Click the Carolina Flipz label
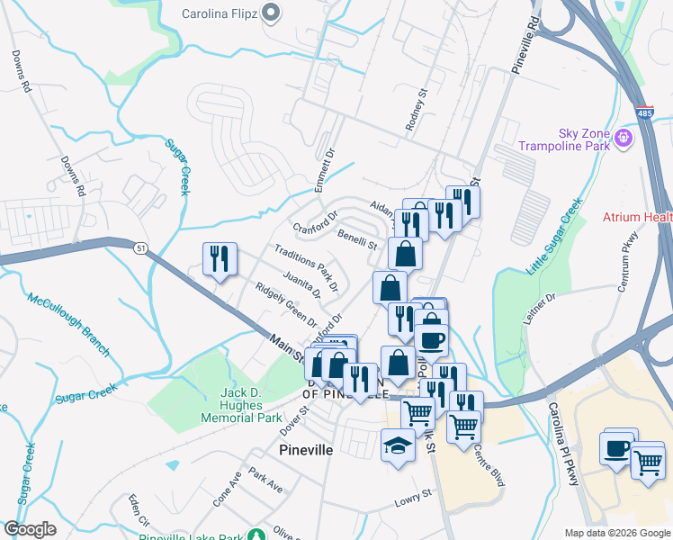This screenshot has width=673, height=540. (220, 13)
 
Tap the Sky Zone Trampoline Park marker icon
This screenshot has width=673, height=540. (624, 139)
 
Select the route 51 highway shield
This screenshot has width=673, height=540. (139, 247)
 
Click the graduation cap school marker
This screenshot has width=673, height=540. (397, 445)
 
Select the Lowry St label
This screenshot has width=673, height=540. (414, 497)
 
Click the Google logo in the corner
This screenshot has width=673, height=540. (30, 529)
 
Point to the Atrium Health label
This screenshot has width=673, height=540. (638, 217)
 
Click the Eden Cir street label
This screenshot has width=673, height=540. (138, 511)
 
